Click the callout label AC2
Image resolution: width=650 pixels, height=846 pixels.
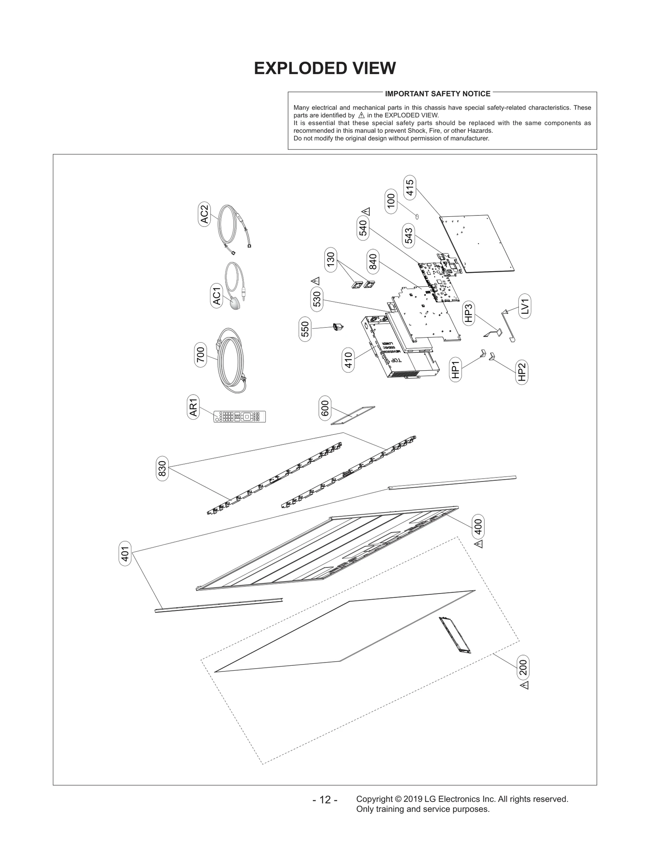tap(204, 214)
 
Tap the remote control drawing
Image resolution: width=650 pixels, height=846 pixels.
tap(240, 417)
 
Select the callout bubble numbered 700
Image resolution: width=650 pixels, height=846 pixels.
tap(201, 355)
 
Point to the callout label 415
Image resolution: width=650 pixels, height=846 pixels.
tap(409, 188)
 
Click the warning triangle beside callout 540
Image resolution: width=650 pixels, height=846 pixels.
tap(366, 211)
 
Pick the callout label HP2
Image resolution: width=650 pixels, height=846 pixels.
tap(522, 372)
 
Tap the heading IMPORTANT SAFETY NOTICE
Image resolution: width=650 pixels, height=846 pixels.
tap(438, 94)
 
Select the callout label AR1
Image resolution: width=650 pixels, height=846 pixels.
tap(193, 407)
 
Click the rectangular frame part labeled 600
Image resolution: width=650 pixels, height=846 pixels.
tap(353, 415)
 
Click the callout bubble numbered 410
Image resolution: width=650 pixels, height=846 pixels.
tap(349, 360)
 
